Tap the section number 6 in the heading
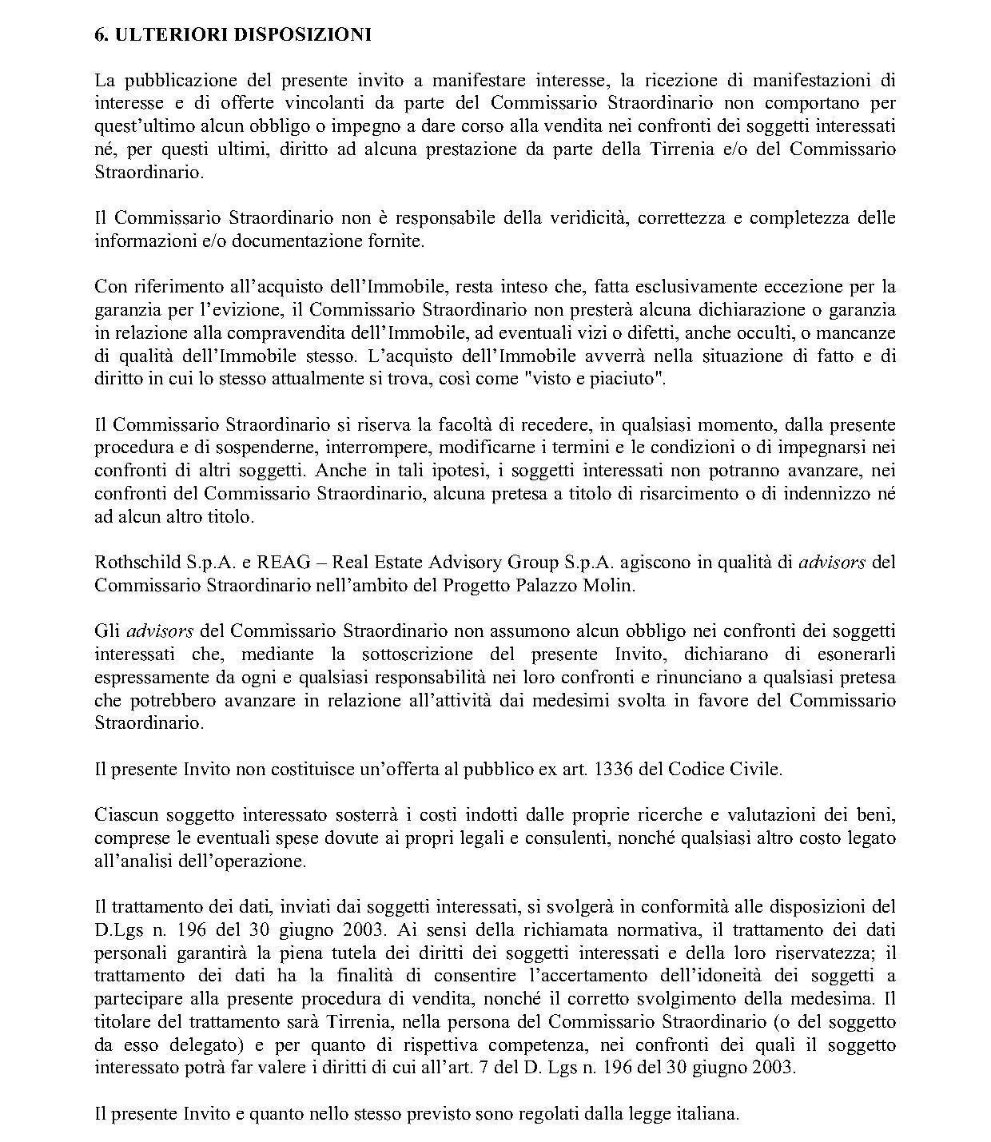click(100, 35)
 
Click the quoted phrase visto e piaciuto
click(593, 379)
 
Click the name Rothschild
click(128, 563)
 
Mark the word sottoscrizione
click(412, 655)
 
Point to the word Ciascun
click(122, 816)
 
